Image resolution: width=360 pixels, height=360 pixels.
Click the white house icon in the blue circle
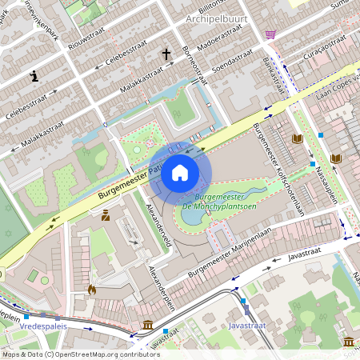click(x=179, y=172)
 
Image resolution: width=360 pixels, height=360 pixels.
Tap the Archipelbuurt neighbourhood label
click(x=218, y=18)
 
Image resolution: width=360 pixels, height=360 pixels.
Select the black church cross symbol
click(x=167, y=54)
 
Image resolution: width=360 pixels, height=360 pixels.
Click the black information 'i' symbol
click(x=34, y=76)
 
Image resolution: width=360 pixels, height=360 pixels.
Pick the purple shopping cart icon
click(x=270, y=34)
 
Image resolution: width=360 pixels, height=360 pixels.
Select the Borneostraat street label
click(x=195, y=66)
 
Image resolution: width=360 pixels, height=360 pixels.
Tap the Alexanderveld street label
click(x=154, y=224)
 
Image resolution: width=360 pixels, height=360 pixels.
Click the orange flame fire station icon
click(x=91, y=290)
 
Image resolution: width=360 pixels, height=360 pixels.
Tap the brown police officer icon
click(x=106, y=214)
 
